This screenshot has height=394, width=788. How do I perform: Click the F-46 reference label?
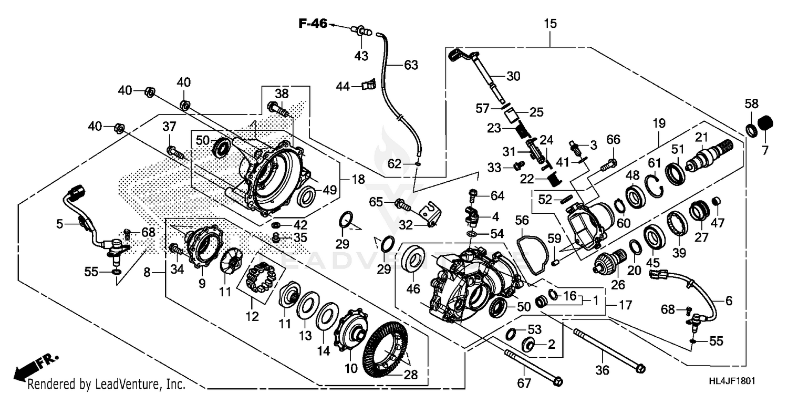(313, 23)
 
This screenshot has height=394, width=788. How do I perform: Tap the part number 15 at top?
(550, 24)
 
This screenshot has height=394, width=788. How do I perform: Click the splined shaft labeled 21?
(707, 157)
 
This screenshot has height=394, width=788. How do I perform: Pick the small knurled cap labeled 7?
(765, 123)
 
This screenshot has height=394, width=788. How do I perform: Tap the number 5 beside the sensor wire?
(60, 224)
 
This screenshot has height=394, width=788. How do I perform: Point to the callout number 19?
(659, 124)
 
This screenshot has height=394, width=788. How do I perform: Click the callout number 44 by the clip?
(344, 86)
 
